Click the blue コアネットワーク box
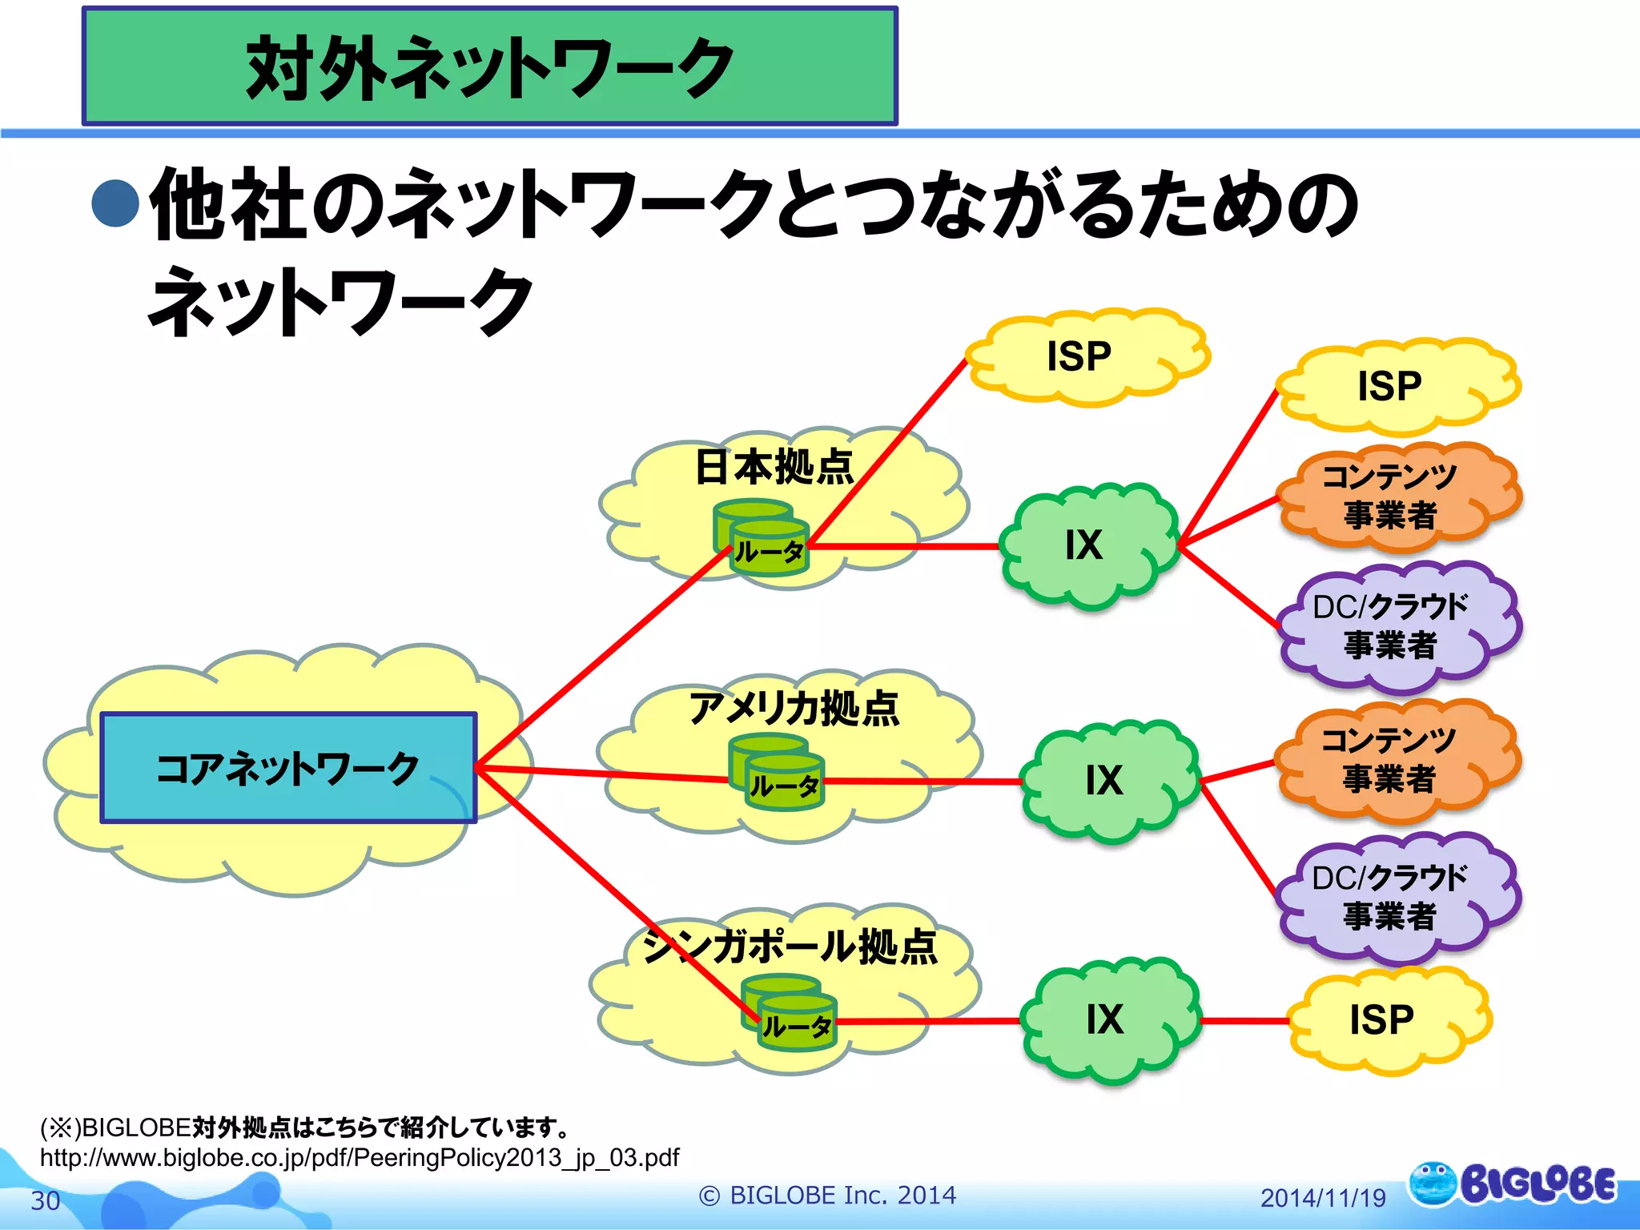pyautogui.click(x=288, y=767)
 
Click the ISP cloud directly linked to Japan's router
pyautogui.click(x=1081, y=357)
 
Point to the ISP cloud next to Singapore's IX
pyautogui.click(x=1384, y=1020)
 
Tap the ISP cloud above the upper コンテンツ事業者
pyautogui.click(x=1392, y=387)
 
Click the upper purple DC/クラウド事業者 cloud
pyautogui.click(x=1392, y=626)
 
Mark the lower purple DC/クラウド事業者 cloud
pyautogui.click(x=1392, y=897)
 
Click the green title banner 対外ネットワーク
pyautogui.click(x=489, y=67)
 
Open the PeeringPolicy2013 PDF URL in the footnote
pyautogui.click(x=360, y=1158)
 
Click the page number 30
pyautogui.click(x=46, y=1200)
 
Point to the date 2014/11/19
pyautogui.click(x=1322, y=1198)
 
